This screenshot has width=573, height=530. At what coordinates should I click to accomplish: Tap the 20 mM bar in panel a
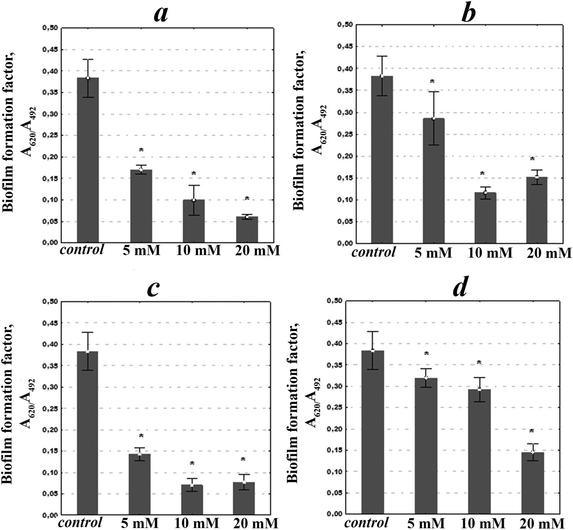pyautogui.click(x=247, y=229)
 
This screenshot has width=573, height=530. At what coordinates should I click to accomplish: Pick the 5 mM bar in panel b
pyautogui.click(x=434, y=181)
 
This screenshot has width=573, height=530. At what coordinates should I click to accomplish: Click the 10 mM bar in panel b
pyautogui.click(x=485, y=218)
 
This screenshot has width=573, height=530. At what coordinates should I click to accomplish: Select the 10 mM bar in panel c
pyautogui.click(x=192, y=500)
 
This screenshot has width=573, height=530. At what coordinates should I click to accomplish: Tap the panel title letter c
pyautogui.click(x=153, y=288)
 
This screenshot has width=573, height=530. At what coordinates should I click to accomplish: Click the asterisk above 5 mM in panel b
pyautogui.click(x=432, y=81)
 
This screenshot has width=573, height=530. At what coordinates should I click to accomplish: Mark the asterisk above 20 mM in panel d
pyautogui.click(x=532, y=431)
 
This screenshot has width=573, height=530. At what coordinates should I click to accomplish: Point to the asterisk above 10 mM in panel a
pyautogui.click(x=194, y=174)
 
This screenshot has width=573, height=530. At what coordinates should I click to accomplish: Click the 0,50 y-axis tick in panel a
pyautogui.click(x=50, y=28)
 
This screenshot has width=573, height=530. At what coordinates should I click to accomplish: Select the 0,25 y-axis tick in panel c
pyautogui.click(x=50, y=408)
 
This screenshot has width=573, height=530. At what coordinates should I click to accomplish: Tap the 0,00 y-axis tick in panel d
pyautogui.click(x=334, y=514)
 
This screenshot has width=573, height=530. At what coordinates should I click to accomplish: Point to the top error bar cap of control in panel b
pyautogui.click(x=382, y=56)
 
